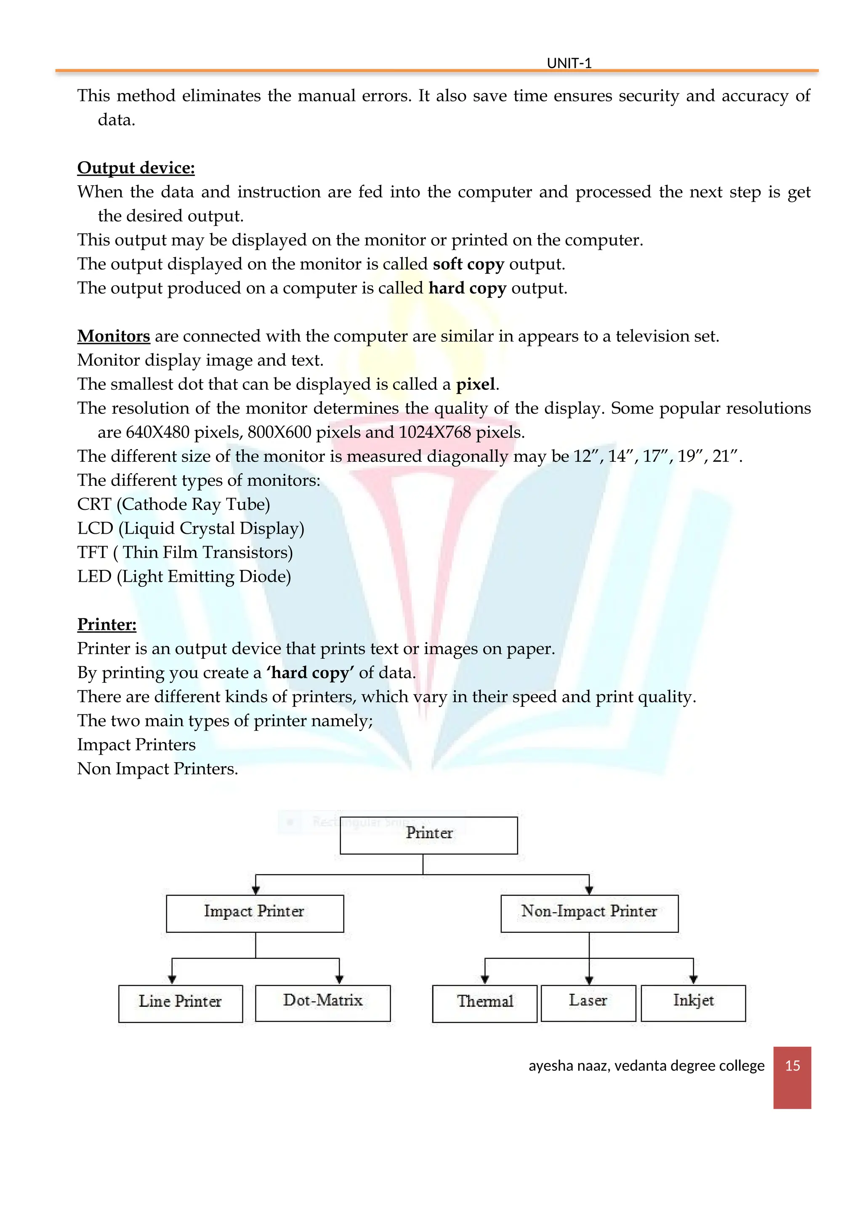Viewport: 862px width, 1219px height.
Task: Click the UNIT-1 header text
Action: coord(569,63)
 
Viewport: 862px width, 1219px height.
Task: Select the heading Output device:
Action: coord(136,168)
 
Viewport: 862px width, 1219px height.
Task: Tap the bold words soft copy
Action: coord(468,264)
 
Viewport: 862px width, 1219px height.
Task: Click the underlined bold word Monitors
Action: coord(114,336)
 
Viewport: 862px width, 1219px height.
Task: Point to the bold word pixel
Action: coord(476,384)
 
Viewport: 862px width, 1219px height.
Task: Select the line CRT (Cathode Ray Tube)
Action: coord(173,504)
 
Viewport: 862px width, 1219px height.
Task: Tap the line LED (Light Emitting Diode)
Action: coord(184,577)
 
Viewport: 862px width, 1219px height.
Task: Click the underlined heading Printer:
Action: coord(106,624)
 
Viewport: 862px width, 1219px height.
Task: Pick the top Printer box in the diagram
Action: coord(429,835)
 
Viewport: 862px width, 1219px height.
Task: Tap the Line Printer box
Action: coord(181,1003)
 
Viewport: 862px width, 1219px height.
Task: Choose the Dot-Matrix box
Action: coord(323,1003)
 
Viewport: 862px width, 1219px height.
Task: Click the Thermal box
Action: coord(484,1003)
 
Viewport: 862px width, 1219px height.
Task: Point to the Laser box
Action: coord(588,1003)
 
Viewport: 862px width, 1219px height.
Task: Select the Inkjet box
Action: coord(693,1003)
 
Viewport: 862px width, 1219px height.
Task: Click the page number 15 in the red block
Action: coord(792,1065)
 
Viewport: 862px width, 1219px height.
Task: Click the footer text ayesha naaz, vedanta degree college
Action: coord(646,1065)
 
